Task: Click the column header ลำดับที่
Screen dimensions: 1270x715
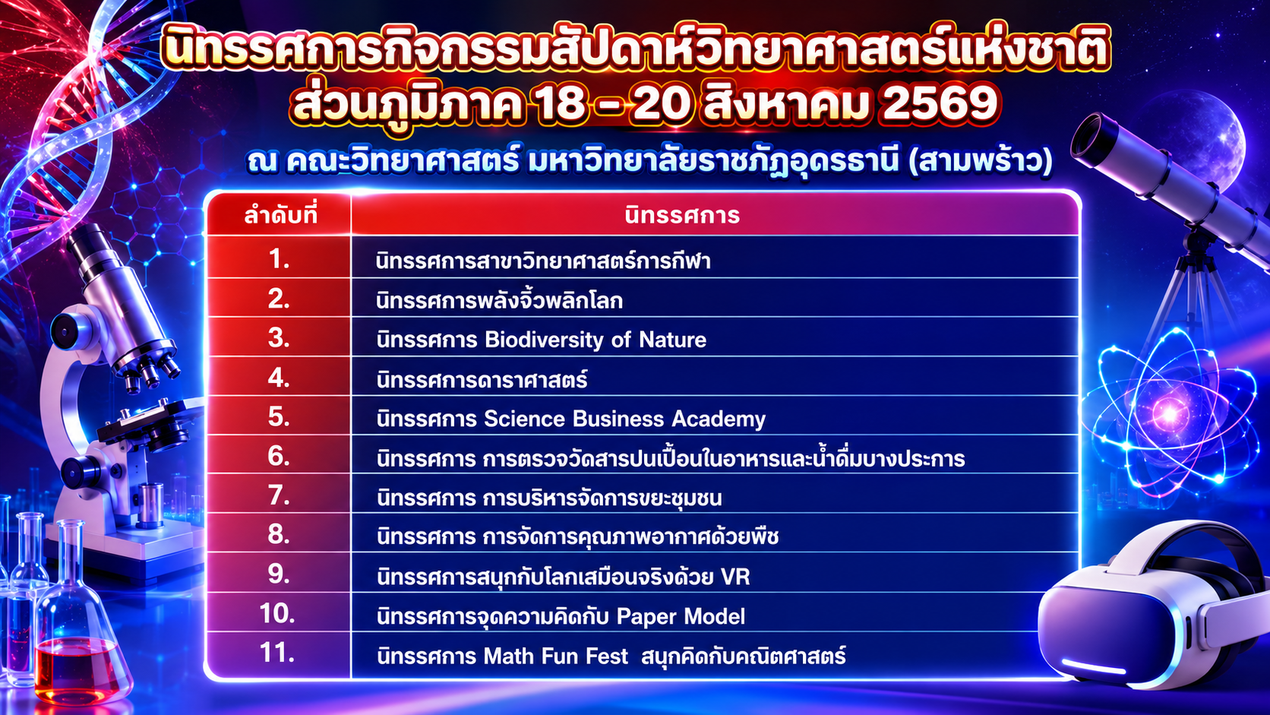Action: tap(280, 216)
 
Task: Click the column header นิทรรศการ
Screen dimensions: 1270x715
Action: tap(682, 216)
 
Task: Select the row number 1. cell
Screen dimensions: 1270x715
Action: tap(279, 259)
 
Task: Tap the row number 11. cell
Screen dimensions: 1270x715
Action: tap(277, 653)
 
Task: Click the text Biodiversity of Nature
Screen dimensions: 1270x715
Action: tap(596, 340)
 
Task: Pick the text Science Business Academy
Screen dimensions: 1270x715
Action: tap(624, 419)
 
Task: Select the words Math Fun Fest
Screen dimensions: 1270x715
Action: tap(556, 656)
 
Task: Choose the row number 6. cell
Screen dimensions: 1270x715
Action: tap(279, 456)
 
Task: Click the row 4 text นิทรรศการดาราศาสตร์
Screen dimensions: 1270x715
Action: tap(482, 380)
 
